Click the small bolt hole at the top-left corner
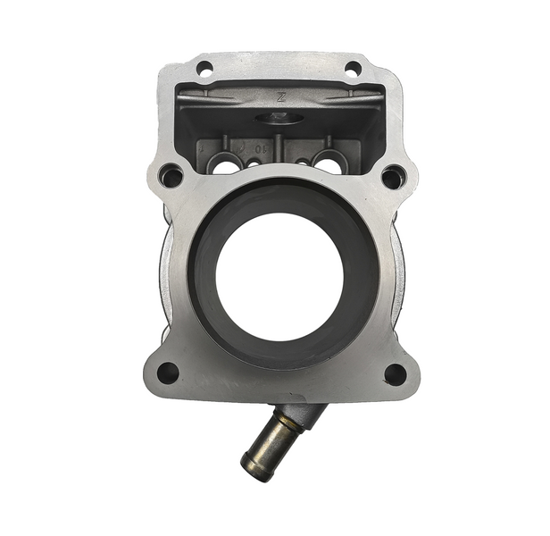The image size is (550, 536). (x=204, y=68)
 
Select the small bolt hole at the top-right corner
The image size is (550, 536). (x=353, y=68)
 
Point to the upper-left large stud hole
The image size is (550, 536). (x=171, y=176)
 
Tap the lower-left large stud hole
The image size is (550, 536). (x=167, y=372)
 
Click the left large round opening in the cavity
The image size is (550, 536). (x=226, y=164)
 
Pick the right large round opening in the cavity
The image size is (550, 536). (x=329, y=163)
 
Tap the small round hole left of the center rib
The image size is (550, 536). (x=254, y=163)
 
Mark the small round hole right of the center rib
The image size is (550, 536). (x=303, y=163)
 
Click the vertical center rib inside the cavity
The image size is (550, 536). (x=279, y=147)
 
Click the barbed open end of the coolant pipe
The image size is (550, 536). (x=255, y=467)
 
